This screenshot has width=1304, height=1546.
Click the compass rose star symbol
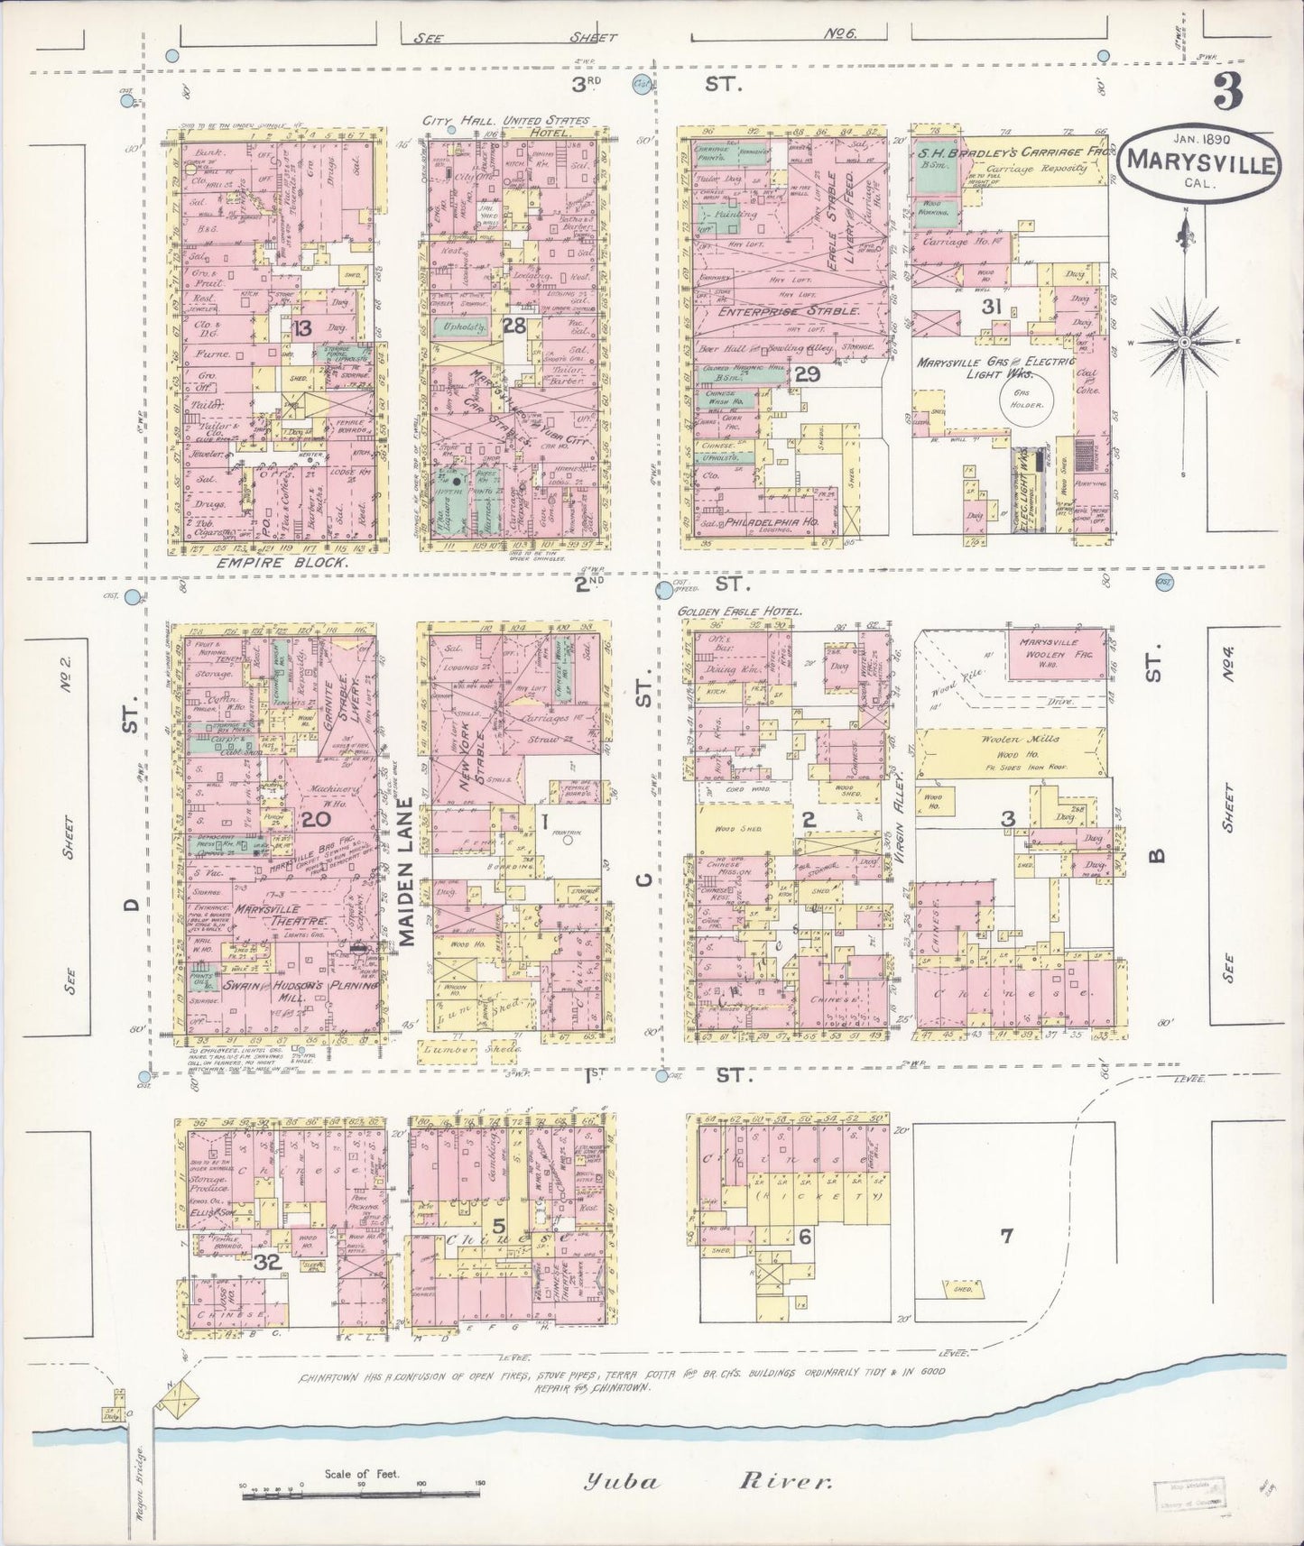tap(1186, 343)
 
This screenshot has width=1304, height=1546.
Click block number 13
tap(301, 329)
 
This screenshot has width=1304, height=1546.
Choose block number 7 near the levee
tap(1007, 1236)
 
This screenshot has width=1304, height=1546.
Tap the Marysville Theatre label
tap(281, 921)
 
